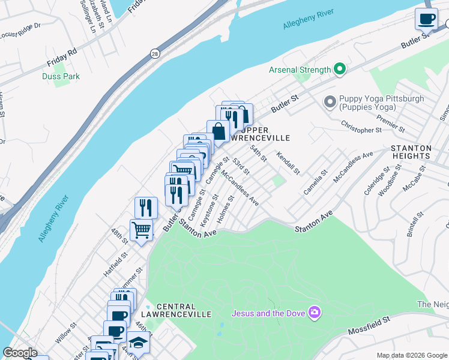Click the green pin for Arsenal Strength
click(339, 70)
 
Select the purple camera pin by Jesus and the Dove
click(314, 312)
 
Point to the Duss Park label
click(61, 76)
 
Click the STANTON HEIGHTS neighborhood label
click(411, 152)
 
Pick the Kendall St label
click(288, 163)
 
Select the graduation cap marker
click(138, 342)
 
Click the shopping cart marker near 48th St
click(141, 229)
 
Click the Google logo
click(20, 353)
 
